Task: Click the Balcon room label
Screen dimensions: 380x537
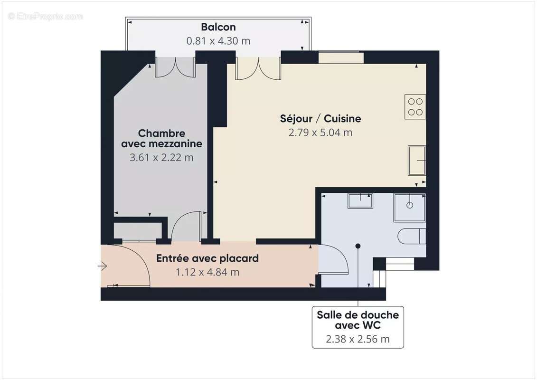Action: (218, 27)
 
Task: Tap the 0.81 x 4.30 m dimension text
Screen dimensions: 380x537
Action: (218, 41)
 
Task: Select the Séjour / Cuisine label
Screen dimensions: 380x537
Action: (320, 119)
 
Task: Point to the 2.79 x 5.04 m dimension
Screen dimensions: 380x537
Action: (320, 133)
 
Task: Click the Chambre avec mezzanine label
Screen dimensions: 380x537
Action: (161, 138)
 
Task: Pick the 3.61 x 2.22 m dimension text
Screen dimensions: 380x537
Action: (161, 157)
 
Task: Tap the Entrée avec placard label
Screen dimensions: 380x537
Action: (207, 258)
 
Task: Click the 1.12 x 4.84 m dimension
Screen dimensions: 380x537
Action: (207, 272)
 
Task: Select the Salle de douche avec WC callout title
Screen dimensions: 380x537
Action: (358, 320)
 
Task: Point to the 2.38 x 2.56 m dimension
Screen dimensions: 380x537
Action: (358, 339)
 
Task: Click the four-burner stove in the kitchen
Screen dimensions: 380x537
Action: (415, 107)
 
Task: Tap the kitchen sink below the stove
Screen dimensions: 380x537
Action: (416, 161)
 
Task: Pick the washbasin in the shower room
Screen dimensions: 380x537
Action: (360, 200)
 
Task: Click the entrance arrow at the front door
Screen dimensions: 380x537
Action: (102, 266)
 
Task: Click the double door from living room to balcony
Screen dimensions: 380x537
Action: (258, 68)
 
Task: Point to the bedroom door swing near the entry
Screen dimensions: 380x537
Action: (185, 227)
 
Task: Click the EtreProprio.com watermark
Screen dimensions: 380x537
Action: (46, 16)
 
